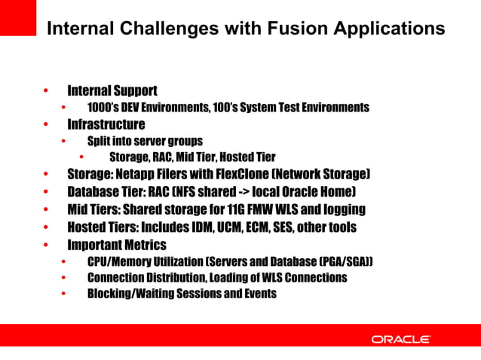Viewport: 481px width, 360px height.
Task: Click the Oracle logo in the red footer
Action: (x=400, y=340)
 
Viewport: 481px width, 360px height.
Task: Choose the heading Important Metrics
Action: (x=117, y=245)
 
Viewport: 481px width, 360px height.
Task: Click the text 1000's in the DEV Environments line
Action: (x=101, y=108)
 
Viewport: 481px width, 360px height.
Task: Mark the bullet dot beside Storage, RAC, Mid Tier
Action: (x=81, y=157)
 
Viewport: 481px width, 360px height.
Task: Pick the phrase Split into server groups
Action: (x=145, y=141)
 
